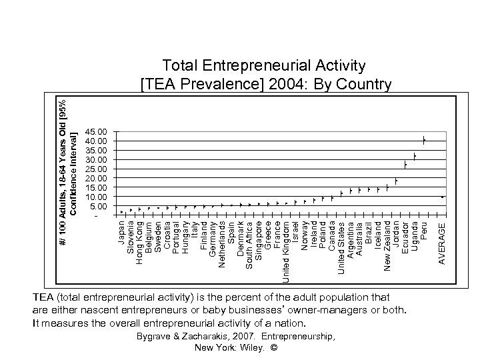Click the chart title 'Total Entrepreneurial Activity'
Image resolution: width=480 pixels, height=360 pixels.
point(265,65)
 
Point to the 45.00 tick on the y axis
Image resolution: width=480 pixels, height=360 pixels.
point(96,132)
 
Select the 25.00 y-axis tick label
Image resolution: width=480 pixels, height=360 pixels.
point(96,169)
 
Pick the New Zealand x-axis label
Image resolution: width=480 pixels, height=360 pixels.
point(387,244)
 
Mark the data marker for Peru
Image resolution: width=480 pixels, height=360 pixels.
point(423,140)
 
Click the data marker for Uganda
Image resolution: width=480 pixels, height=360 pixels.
point(414,156)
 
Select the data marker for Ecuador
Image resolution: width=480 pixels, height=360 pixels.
point(405,165)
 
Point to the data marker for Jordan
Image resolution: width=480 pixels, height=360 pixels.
point(396,181)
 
